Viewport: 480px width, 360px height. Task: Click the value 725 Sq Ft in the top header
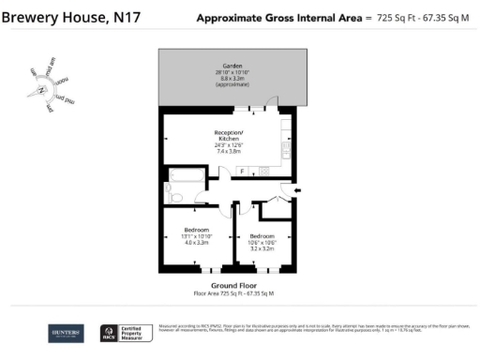[385, 18]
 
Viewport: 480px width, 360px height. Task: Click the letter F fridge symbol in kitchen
[242, 171]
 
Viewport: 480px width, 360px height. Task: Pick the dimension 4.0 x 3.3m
[196, 242]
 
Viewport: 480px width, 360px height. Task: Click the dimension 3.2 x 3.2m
[262, 247]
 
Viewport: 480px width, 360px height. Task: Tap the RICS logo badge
[108, 332]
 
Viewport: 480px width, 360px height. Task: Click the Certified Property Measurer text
[132, 332]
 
